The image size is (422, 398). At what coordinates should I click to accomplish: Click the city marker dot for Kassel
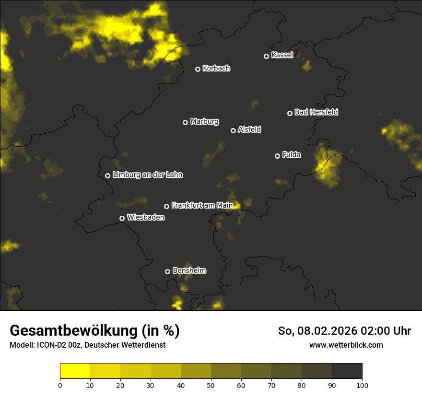click(266, 56)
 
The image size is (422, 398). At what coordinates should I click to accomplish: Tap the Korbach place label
click(216, 68)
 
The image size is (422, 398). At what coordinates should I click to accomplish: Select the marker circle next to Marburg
click(185, 122)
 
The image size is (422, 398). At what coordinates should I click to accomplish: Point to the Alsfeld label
click(249, 129)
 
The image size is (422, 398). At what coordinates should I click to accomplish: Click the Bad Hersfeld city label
click(316, 112)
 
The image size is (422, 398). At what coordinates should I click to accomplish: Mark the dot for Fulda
click(277, 156)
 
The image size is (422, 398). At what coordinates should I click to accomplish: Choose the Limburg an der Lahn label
click(147, 175)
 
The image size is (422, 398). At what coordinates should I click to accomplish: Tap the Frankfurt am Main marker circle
click(166, 206)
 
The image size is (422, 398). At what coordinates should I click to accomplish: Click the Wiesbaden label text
click(145, 217)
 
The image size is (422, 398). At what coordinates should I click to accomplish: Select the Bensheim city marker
click(167, 271)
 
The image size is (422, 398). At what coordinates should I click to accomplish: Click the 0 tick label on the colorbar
click(60, 385)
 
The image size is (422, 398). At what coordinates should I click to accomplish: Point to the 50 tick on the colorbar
click(211, 385)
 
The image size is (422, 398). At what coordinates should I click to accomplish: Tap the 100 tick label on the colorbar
click(362, 385)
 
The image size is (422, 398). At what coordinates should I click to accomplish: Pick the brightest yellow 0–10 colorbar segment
click(75, 371)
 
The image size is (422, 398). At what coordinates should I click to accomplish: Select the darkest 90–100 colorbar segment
click(347, 371)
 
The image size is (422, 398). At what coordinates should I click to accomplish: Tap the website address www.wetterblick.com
click(346, 345)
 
